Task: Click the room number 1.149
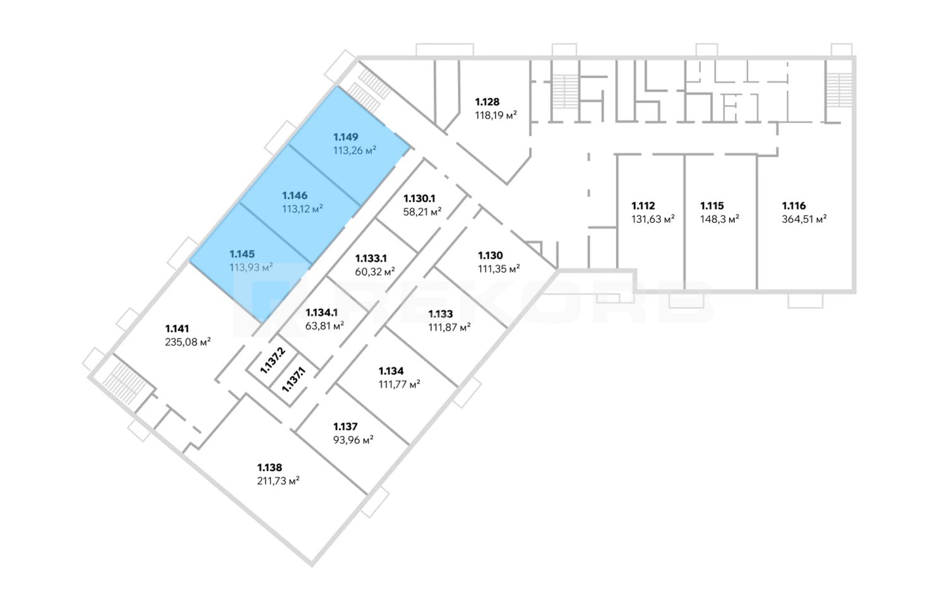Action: tap(346, 137)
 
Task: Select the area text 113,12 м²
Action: tap(302, 209)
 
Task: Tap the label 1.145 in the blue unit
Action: tap(242, 255)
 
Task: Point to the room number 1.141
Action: tap(177, 328)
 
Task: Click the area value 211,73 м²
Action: tap(278, 481)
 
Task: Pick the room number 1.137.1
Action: tap(294, 380)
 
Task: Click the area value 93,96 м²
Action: tap(353, 440)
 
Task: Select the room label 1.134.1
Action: tap(321, 313)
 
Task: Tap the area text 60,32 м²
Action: tap(375, 272)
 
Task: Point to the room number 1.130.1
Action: tap(419, 198)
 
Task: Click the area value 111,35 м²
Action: tap(499, 269)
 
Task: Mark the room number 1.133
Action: tap(440, 314)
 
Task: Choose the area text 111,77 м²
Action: tap(399, 385)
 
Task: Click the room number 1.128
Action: tap(487, 102)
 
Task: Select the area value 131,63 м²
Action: tap(653, 220)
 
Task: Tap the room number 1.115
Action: tap(712, 206)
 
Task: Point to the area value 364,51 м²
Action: tap(804, 220)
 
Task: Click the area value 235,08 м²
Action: tap(188, 342)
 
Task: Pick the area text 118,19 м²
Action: tap(496, 116)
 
